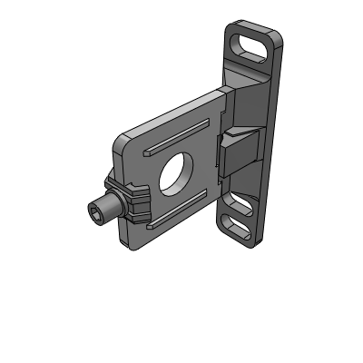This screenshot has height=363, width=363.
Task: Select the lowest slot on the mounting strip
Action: pyautogui.click(x=236, y=228)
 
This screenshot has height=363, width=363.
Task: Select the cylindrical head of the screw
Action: pyautogui.click(x=105, y=210)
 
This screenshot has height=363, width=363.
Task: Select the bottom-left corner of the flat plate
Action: pyautogui.click(x=135, y=244)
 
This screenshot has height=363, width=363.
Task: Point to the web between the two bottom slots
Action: pyautogui.click(x=238, y=214)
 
